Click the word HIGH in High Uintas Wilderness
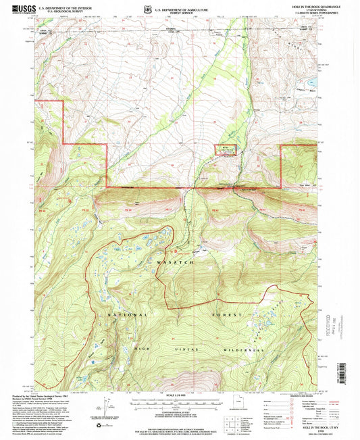(141, 349)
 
